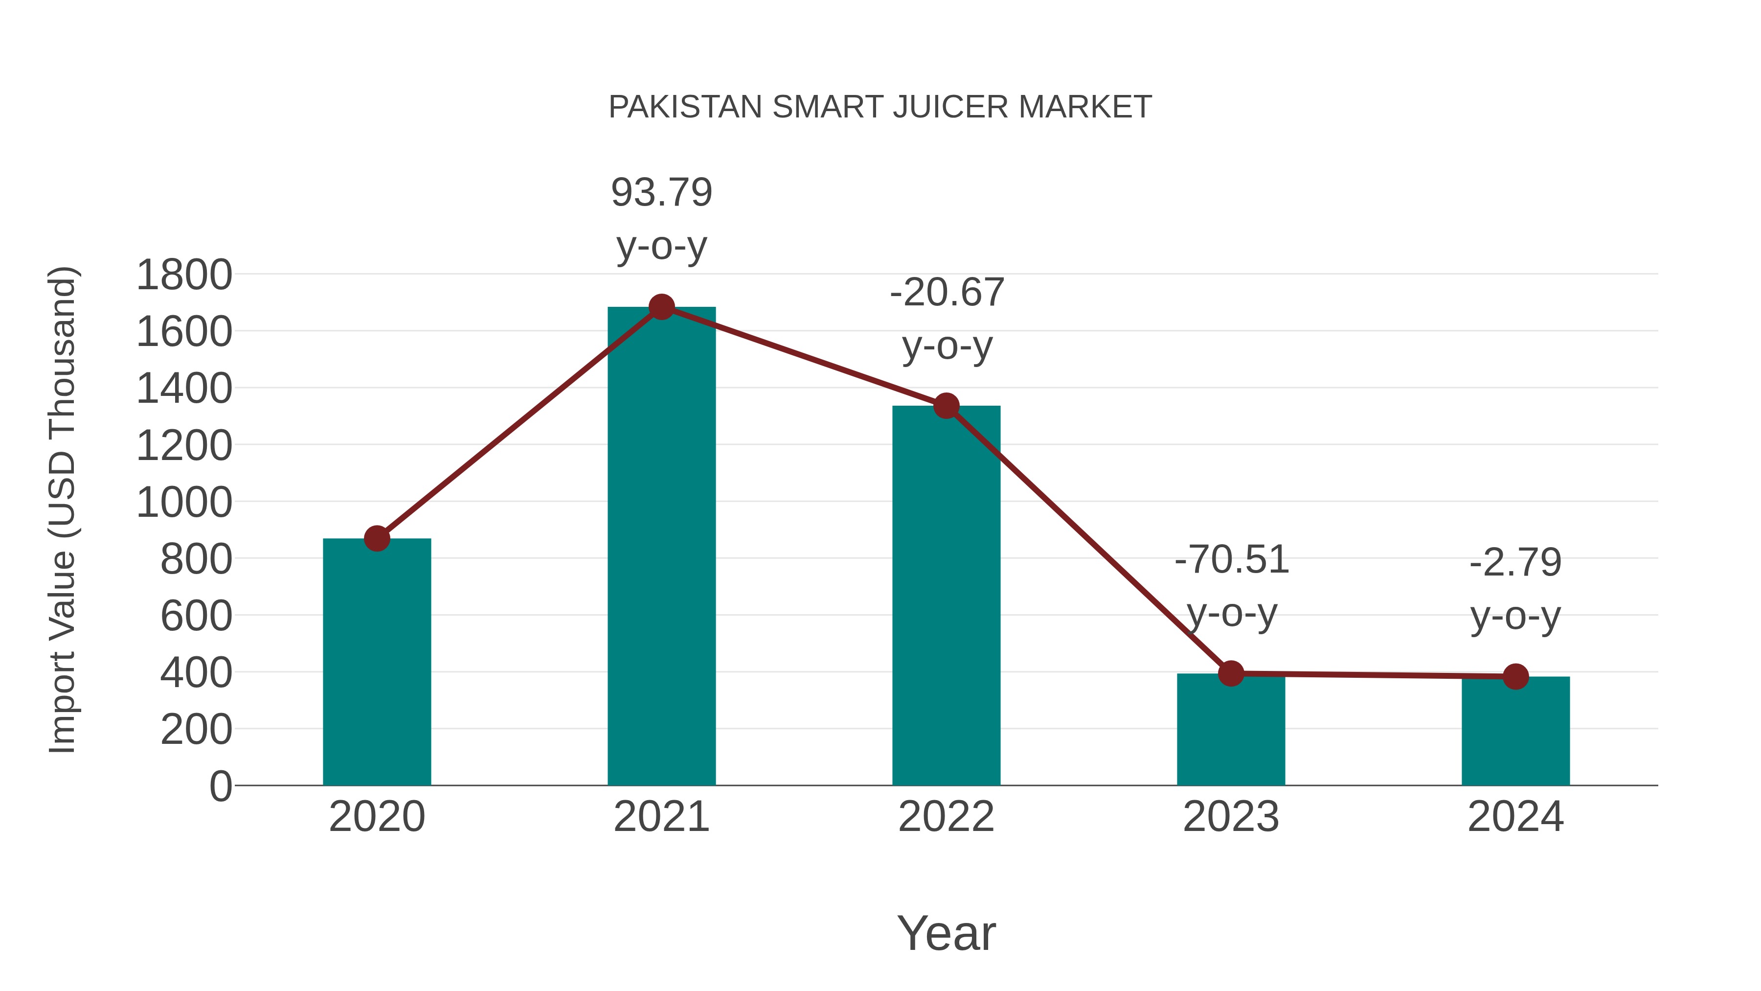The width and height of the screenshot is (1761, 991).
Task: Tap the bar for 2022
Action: coord(946,595)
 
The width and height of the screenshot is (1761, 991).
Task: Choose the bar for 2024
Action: coord(1515,732)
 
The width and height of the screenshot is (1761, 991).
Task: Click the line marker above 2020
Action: coord(377,538)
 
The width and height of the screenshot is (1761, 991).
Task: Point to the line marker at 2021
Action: coord(661,307)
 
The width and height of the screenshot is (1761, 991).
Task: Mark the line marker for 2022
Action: coord(946,406)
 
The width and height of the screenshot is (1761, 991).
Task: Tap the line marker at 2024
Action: coord(1515,676)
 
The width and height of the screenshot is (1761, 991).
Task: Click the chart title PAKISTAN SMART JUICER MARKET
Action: coord(880,107)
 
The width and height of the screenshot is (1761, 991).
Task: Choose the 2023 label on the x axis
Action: coord(1231,817)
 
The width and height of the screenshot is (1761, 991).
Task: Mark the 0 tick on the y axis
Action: coord(220,786)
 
